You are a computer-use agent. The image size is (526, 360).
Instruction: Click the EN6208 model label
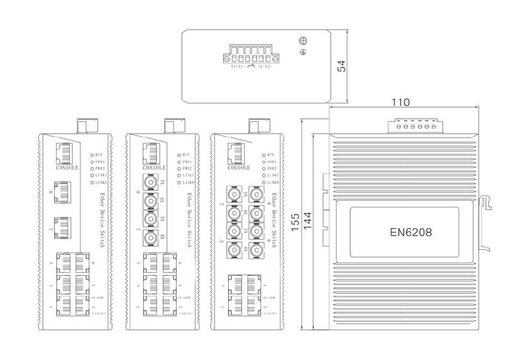[412, 232]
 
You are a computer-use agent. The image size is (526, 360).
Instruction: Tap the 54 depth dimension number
[343, 66]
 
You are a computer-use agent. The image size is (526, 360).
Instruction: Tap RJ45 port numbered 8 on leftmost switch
[64, 192]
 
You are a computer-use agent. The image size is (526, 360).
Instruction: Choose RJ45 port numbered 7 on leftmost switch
[64, 227]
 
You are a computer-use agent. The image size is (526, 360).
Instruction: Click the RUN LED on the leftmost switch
[90, 154]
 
